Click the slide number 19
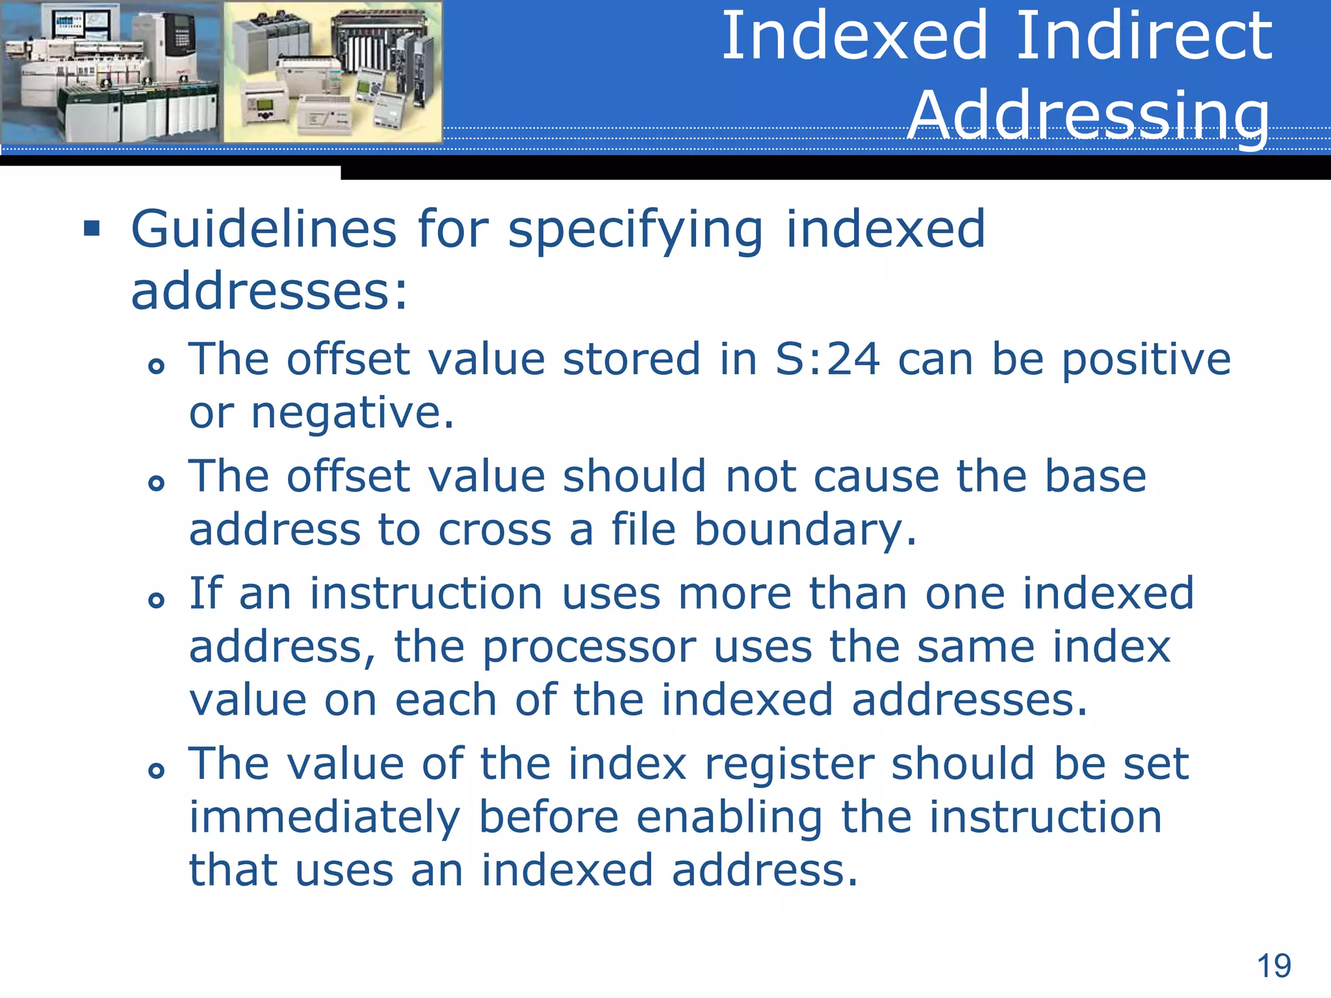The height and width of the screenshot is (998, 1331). [x=1274, y=966]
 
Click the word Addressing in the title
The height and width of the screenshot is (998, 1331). [x=1089, y=114]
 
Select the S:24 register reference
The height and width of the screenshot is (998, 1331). [x=827, y=359]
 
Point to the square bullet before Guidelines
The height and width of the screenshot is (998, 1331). [x=92, y=229]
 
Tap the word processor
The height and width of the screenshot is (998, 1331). [x=589, y=647]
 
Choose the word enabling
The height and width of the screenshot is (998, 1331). [x=729, y=817]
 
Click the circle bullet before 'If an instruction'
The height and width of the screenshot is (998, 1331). [x=156, y=600]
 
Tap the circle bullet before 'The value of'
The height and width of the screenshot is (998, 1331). [x=156, y=771]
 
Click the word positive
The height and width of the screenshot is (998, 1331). [x=1146, y=359]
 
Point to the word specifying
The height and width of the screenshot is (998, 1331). [x=636, y=230]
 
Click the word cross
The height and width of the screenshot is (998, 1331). [x=495, y=530]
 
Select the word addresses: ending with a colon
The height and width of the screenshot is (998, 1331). [x=270, y=291]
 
